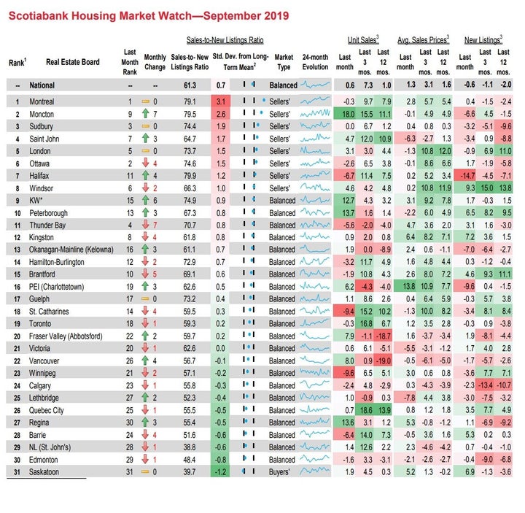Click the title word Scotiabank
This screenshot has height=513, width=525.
coord(39,16)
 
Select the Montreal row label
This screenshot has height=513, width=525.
coord(42,101)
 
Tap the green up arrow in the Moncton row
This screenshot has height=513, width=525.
coord(145,114)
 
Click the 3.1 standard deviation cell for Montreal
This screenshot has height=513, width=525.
coord(221,101)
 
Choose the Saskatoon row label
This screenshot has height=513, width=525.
coord(44,472)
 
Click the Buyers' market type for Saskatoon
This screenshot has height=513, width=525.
coord(279,472)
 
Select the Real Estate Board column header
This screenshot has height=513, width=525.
coord(73,62)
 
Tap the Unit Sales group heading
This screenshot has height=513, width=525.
coord(363,40)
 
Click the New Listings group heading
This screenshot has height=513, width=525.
coord(483,40)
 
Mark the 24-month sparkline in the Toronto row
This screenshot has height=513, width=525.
coord(315,323)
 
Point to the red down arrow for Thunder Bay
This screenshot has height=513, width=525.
coord(145,225)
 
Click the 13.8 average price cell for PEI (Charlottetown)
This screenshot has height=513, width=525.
coord(405,287)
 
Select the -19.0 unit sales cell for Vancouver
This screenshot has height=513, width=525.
coord(383,361)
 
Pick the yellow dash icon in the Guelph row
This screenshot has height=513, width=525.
coord(145,298)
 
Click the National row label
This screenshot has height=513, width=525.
coord(42,85)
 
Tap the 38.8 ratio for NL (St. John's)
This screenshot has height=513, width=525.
coord(190,447)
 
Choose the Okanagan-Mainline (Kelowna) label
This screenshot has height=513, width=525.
coord(71,250)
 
